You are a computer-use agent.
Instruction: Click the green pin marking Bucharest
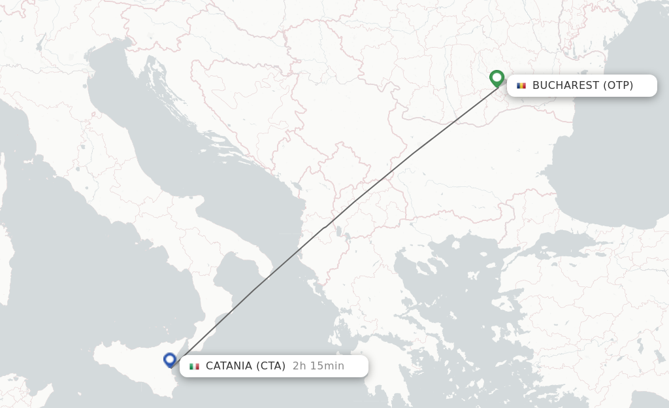tap(497, 78)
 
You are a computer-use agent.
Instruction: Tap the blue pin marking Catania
tap(170, 360)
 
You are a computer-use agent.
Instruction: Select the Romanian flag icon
tap(521, 86)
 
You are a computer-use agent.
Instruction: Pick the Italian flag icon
tap(194, 366)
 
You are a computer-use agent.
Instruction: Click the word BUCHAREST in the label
tap(566, 86)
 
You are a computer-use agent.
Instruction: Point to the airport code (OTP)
tap(618, 86)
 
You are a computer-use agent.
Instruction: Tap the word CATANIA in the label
tap(229, 366)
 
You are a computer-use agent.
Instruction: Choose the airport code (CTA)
tap(271, 366)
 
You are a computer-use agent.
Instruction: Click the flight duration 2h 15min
tap(318, 366)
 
